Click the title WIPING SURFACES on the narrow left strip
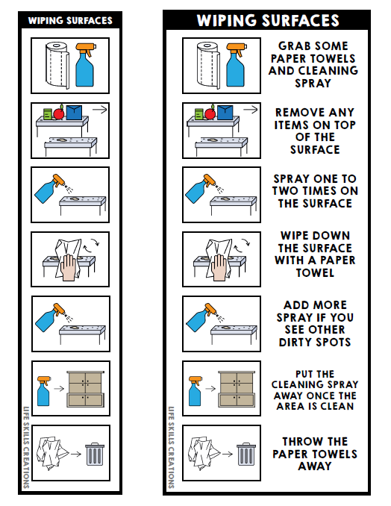pos(70,20)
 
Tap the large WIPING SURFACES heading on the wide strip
pos(267,20)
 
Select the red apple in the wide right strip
pos(211,113)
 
